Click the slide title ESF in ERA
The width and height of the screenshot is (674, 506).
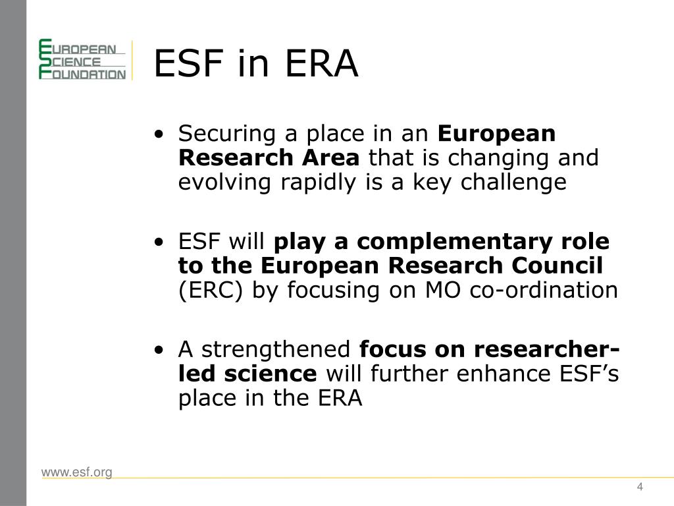click(x=256, y=63)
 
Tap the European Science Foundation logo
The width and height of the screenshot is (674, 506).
click(x=82, y=59)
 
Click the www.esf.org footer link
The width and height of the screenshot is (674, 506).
click(x=77, y=472)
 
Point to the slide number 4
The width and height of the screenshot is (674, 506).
click(x=640, y=487)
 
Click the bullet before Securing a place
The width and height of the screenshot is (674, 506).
click(x=159, y=134)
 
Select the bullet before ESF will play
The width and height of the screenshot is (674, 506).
click(x=159, y=242)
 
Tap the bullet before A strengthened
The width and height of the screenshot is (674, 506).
click(x=159, y=350)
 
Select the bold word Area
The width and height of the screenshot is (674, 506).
click(x=330, y=157)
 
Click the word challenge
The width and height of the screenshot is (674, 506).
click(x=513, y=183)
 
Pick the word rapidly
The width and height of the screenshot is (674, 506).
click(x=319, y=183)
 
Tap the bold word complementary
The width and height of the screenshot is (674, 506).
click(x=454, y=242)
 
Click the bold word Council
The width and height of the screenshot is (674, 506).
click(x=557, y=266)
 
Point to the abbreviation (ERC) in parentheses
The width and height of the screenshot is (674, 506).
click(x=211, y=291)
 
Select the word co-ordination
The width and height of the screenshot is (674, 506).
click(x=544, y=290)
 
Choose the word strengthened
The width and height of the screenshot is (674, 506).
click(x=276, y=350)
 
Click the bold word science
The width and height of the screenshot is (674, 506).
click(x=271, y=374)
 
